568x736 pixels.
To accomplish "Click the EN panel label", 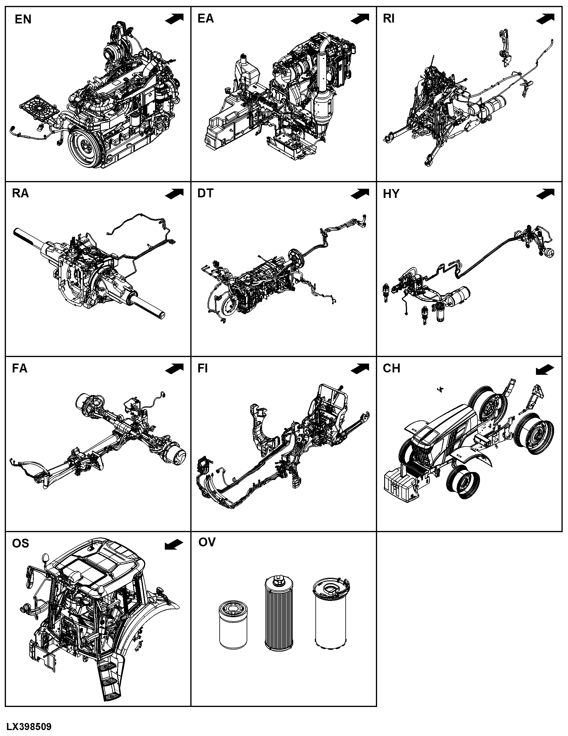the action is [23, 20].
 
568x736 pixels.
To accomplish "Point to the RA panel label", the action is [20, 193].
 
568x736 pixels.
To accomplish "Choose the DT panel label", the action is [205, 193].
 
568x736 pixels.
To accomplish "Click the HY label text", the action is [391, 193].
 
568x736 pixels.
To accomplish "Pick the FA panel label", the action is [20, 368].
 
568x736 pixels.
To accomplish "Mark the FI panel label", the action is [202, 368].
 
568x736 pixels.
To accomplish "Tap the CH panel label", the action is [391, 368].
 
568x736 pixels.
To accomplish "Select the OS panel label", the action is [20, 543].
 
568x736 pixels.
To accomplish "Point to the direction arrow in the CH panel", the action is [545, 370].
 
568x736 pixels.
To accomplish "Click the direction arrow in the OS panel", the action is [174, 545].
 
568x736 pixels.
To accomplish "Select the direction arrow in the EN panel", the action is [174, 19].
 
